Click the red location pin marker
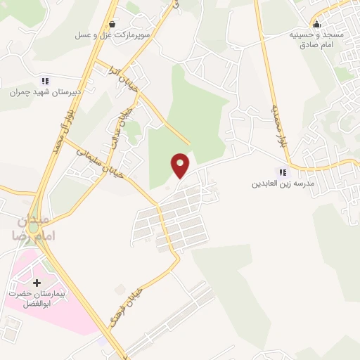pos(181,165)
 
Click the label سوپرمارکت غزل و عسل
pos(105,34)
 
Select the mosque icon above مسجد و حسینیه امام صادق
pos(317,22)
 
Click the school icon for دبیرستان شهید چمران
pos(46,80)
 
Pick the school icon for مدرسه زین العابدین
pos(283,172)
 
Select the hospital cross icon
pos(37,283)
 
